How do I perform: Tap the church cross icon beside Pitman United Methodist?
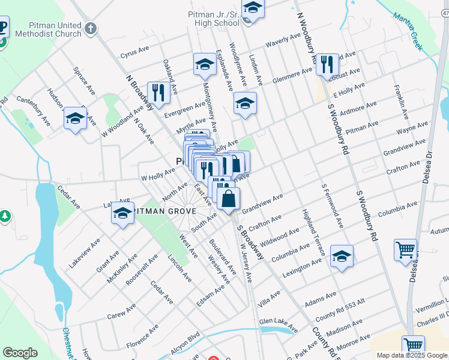coord(90,28)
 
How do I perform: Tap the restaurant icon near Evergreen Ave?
coord(158,92)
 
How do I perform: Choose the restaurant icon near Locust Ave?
coord(327,64)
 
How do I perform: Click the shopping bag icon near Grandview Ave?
coord(228,199)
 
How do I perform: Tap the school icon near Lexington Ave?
coord(342,256)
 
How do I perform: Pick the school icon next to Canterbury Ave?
coord(75,118)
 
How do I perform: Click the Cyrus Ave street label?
coord(134,54)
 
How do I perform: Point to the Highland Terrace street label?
coord(314,233)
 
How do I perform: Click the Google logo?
coord(20,353)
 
